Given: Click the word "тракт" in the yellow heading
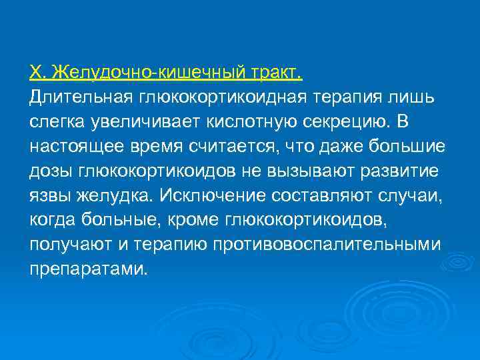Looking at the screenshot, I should point(278,71).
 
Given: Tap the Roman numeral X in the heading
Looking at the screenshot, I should point(36,71).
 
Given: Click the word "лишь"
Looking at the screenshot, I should point(417,98).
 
